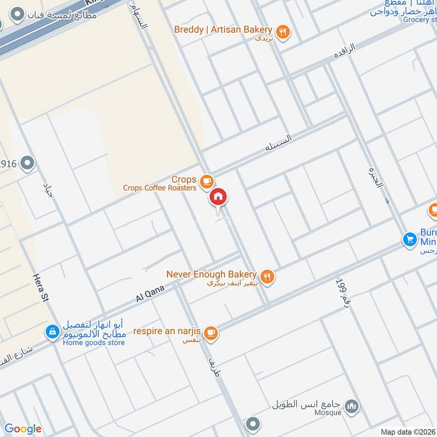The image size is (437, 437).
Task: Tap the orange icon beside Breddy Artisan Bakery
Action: [282, 32]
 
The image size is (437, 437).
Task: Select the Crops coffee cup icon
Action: [206, 180]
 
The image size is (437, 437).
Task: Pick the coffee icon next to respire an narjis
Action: [211, 332]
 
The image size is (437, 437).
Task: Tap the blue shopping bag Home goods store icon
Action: [52, 332]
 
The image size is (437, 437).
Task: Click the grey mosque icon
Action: [352, 406]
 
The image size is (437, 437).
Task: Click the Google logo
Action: [23, 429]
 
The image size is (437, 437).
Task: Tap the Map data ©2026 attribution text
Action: [408, 432]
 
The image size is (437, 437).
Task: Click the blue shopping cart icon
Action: [409, 239]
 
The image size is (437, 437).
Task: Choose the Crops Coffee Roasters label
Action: [160, 188]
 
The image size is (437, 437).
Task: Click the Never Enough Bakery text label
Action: [211, 274]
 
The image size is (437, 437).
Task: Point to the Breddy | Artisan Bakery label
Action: [223, 29]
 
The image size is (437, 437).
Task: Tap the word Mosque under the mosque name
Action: [328, 413]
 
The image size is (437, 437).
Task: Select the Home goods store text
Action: [93, 342]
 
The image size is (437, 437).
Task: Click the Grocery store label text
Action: [421, 20]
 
